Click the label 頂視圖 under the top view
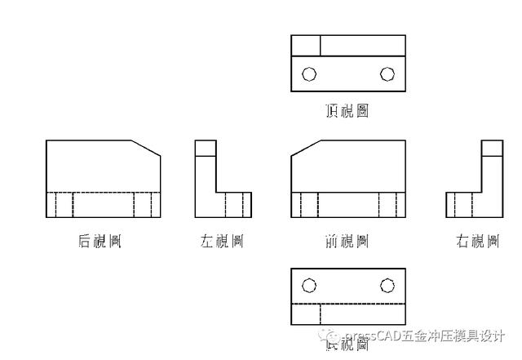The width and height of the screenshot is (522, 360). pyautogui.click(x=347, y=110)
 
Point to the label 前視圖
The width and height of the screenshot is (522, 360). pyautogui.click(x=347, y=241)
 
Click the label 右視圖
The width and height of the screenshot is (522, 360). pyautogui.click(x=478, y=241)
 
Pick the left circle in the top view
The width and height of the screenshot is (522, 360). pyautogui.click(x=309, y=74)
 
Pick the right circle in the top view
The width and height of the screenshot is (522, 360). pyautogui.click(x=387, y=74)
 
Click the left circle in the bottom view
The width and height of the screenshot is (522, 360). pyautogui.click(x=309, y=285)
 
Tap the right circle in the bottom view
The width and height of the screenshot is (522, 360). pyautogui.click(x=387, y=285)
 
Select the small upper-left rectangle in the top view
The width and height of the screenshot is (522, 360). pyautogui.click(x=305, y=45)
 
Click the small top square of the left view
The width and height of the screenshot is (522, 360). pyautogui.click(x=206, y=148)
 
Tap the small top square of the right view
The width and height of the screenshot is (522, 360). pyautogui.click(x=492, y=148)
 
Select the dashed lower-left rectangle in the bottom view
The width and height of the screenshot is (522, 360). pyautogui.click(x=305, y=314)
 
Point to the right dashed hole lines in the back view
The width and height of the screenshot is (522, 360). pyautogui.click(x=143, y=205)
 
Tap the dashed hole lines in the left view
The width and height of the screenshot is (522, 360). pyautogui.click(x=247, y=205)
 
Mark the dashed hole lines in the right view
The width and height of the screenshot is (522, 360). pyautogui.click(x=460, y=205)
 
